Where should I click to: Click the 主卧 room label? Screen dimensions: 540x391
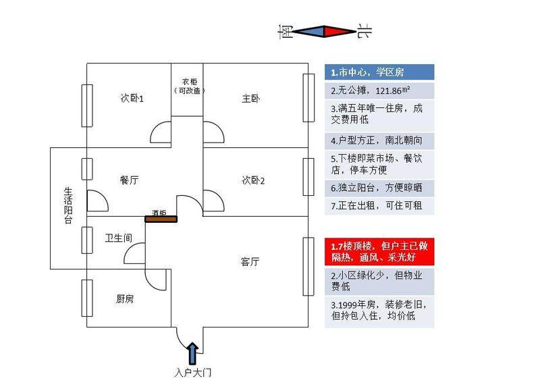[250, 99]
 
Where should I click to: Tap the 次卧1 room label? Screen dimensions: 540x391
[132, 98]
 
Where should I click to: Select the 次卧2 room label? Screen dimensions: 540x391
[253, 180]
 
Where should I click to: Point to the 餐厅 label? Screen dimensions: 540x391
[129, 180]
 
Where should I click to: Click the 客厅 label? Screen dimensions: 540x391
[250, 261]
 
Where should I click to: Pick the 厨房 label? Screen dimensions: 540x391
[125, 298]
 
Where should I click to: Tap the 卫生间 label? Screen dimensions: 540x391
[119, 238]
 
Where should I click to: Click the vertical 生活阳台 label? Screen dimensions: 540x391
[68, 206]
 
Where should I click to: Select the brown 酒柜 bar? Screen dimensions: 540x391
[161, 219]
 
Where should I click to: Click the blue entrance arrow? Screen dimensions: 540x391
[192, 354]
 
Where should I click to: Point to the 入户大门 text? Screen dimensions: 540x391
[193, 373]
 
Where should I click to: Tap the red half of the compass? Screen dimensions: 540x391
[340, 31]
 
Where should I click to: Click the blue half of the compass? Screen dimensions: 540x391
[308, 31]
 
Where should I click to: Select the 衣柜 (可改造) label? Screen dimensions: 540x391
[189, 86]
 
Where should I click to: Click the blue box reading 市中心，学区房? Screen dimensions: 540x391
[379, 72]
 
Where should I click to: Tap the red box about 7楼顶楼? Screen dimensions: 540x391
[379, 251]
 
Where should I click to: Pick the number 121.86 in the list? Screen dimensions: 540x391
[389, 91]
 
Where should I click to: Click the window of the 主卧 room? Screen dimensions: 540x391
[308, 98]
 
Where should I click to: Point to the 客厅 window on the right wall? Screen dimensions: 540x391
[308, 266]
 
